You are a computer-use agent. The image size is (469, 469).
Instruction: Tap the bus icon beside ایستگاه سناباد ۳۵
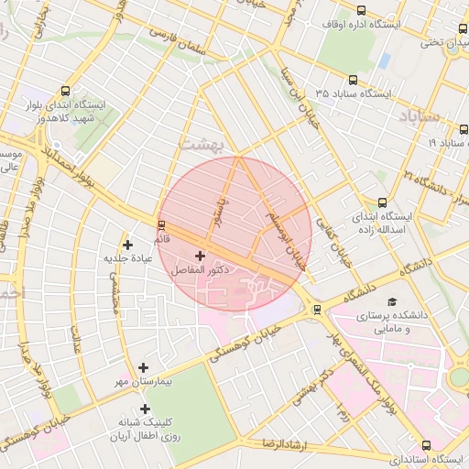coord(354,81)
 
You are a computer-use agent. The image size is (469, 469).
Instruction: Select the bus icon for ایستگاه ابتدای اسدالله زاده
coord(382,203)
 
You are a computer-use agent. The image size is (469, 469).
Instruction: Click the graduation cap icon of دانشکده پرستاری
coord(392,301)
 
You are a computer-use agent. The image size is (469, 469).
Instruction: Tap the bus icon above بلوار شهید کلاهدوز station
coord(65,92)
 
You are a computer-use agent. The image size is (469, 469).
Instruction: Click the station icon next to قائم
coord(162,224)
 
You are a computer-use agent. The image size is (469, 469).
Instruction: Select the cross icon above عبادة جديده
coord(127,245)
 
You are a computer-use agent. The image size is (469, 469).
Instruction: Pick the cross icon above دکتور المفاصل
coord(200,256)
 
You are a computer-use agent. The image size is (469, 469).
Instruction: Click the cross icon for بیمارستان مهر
coord(144,367)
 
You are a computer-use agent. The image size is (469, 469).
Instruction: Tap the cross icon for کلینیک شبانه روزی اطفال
coord(144,409)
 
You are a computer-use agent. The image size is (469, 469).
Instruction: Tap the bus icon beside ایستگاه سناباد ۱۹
coord(463,143)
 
